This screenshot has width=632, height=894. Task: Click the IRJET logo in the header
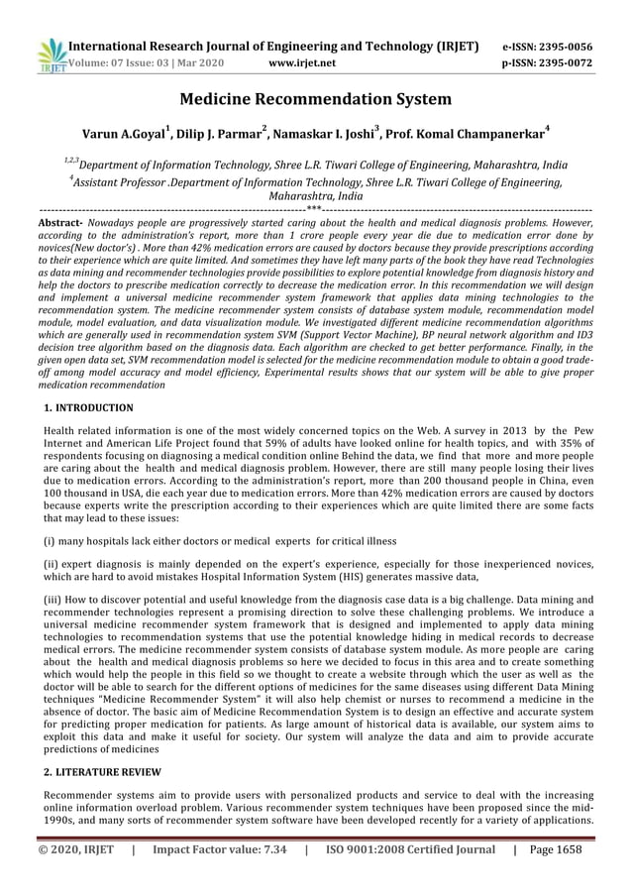[50, 56]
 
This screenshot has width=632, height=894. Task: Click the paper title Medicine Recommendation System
[316, 99]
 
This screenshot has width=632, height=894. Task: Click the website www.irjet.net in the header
[302, 63]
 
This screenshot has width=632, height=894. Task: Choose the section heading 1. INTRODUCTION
[89, 408]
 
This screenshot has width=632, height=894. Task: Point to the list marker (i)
[50, 541]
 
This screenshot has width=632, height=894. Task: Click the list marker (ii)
[52, 564]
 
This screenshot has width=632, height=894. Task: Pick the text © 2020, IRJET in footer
[76, 848]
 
